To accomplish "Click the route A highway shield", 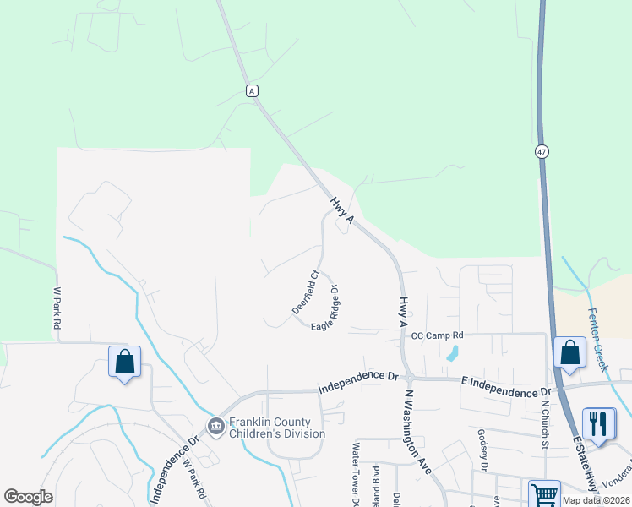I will coord(252,90).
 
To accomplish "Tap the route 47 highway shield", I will coord(542,150).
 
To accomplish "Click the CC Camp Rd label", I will coord(438,336).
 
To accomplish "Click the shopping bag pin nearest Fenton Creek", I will coord(569,353).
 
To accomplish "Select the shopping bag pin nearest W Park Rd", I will coord(125,363).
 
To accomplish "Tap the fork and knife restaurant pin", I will coord(599,424).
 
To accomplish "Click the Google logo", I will coord(28,497).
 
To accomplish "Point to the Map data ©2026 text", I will coord(595,500).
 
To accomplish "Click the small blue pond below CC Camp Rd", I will coord(453,352).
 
